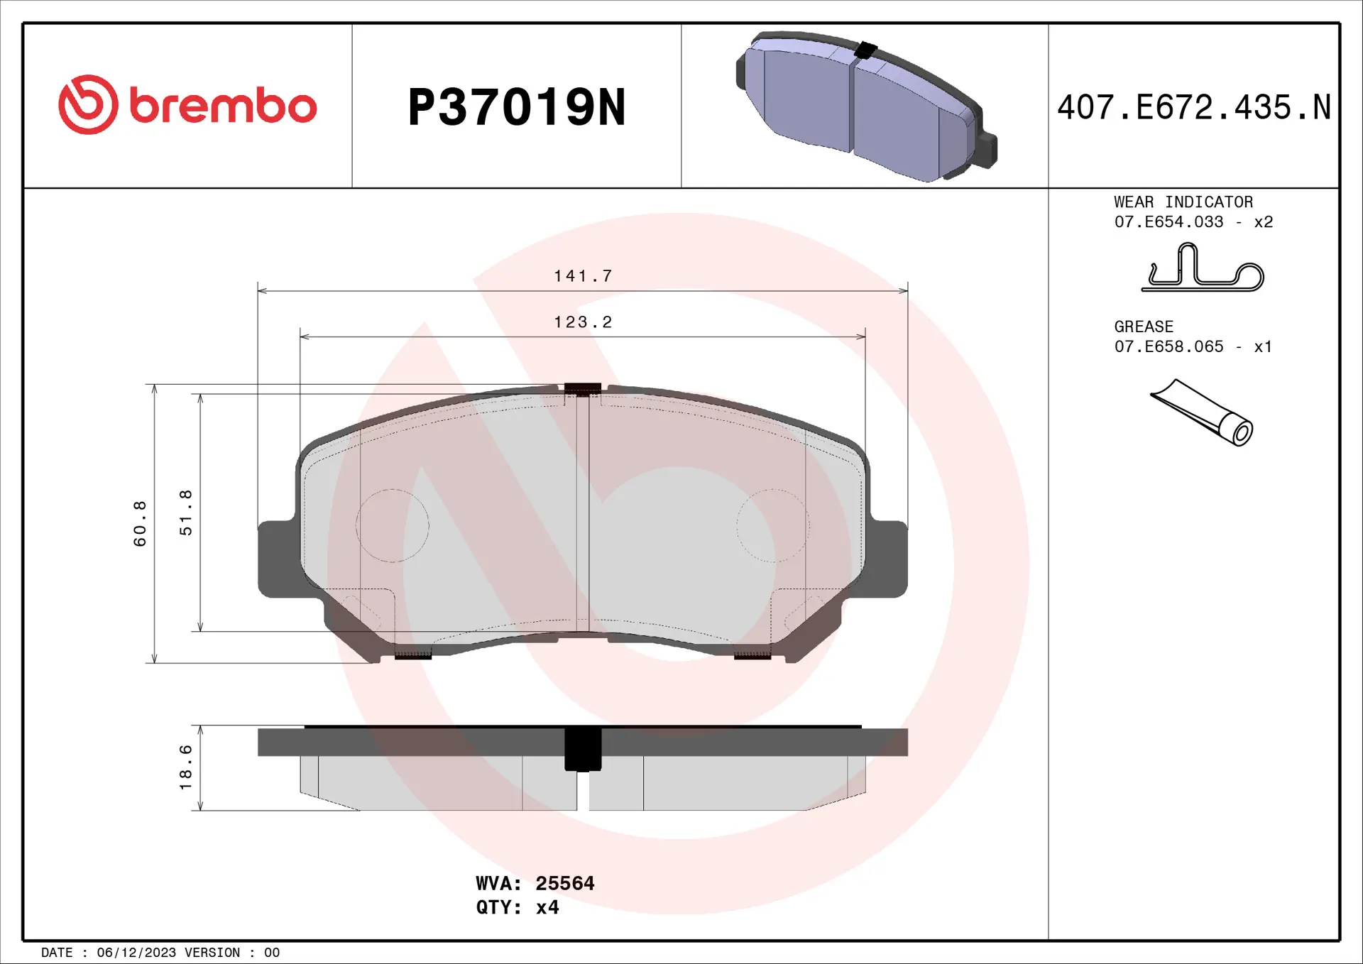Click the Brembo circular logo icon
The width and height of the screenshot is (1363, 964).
coord(88,105)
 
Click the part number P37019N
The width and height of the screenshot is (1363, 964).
coord(516,108)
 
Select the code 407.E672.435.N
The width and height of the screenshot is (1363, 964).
coord(1193,108)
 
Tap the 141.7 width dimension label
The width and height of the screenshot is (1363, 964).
coord(583,276)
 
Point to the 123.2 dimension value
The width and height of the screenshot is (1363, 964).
coord(583,322)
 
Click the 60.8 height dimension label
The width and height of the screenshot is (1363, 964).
coord(140,523)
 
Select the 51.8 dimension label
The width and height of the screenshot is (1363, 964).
coord(185,513)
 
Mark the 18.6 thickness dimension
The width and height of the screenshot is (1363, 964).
coord(185,767)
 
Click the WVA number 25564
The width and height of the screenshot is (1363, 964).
coord(564,883)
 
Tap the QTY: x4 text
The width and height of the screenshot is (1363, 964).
coord(517,907)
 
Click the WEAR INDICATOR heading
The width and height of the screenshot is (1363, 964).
coord(1183,202)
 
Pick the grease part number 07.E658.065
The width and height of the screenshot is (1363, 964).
coord(1168,346)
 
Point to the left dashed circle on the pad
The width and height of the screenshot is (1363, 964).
coord(392,525)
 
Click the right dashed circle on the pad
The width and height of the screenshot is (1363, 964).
coord(772,525)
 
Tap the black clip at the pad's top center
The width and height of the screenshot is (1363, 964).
coord(582,389)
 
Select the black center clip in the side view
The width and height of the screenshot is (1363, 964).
coord(582,750)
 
